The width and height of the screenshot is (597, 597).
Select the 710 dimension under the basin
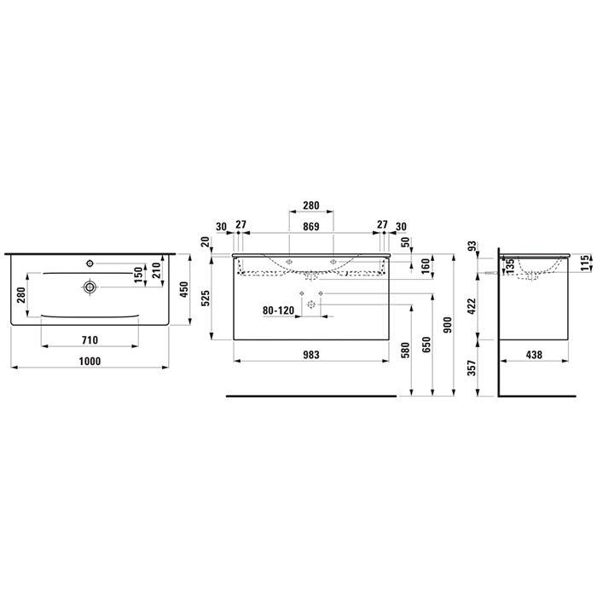click(x=90, y=339)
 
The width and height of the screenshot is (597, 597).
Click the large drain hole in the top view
click(x=89, y=287)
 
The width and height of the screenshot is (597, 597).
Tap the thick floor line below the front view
click(x=310, y=397)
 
